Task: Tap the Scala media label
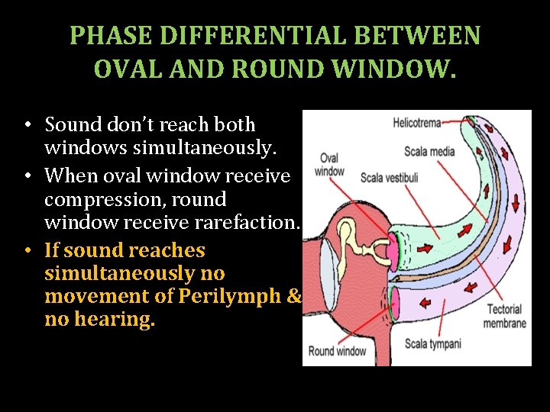coord(429,151)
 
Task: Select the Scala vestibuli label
coord(389,178)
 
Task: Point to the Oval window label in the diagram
coord(330,165)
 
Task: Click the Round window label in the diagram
coord(337,351)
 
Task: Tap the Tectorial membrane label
coord(504,317)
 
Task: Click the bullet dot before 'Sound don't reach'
coord(27,125)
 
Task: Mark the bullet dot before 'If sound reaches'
coord(27,251)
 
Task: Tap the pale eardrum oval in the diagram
coord(328,263)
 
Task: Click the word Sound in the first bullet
coord(73,124)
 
